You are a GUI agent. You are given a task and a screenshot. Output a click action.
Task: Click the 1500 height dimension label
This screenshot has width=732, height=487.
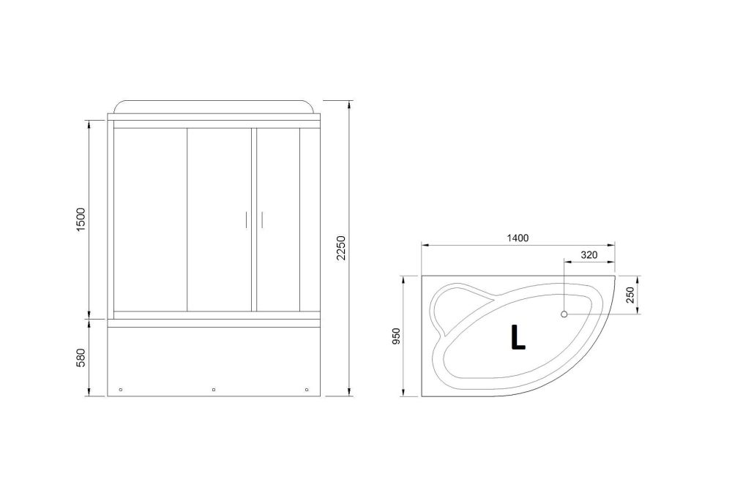(x=81, y=220)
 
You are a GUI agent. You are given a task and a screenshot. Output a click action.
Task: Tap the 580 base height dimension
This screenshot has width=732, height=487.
(x=81, y=358)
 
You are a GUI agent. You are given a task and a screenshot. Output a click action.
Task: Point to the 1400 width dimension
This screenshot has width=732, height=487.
(x=517, y=238)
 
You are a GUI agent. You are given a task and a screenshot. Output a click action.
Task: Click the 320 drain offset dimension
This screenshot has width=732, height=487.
(x=589, y=254)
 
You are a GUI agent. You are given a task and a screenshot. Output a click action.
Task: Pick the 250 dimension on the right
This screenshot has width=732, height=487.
(x=631, y=296)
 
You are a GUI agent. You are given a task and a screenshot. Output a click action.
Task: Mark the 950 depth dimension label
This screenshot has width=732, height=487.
(x=396, y=336)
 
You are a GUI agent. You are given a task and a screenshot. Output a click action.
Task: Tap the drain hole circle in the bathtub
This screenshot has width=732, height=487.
(x=564, y=314)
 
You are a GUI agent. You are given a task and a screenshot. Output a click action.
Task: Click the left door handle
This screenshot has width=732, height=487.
(x=247, y=220)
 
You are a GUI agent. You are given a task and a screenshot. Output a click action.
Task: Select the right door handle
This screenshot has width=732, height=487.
(x=261, y=220)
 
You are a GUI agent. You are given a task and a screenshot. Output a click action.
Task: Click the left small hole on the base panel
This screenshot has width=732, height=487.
(x=122, y=389)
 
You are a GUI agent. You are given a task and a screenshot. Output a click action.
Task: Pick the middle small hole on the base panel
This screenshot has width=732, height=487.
(x=213, y=389)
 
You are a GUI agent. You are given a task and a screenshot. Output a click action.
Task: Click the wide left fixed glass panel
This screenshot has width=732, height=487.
(x=150, y=219)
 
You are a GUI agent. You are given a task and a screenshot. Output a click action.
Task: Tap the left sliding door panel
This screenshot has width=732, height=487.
(x=220, y=219)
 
